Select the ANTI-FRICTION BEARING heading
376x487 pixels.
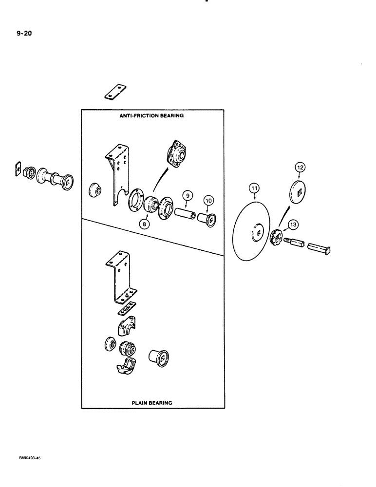click(152, 116)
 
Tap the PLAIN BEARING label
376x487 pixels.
click(152, 403)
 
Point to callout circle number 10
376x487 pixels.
click(209, 200)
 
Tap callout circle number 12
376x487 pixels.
click(300, 167)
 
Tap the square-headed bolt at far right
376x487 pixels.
click(321, 247)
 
